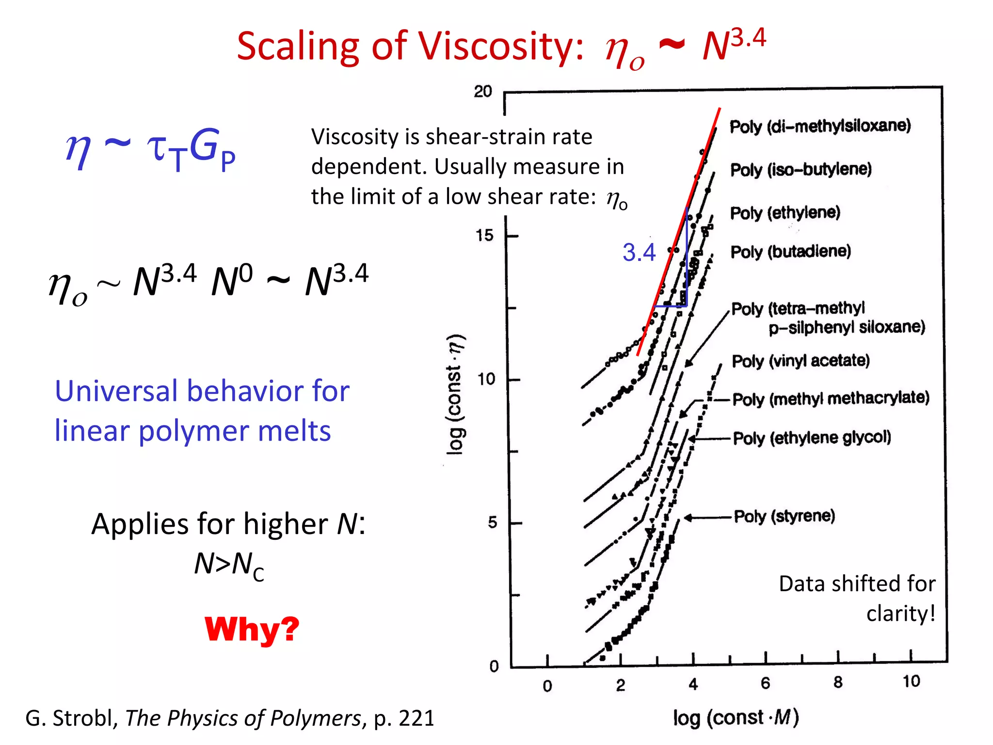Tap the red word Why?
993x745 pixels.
pos(252,629)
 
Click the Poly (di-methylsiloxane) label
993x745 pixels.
pos(820,126)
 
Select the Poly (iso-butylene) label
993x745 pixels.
pos(801,170)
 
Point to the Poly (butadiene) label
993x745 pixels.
pos(790,252)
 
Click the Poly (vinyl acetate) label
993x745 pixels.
pos(801,361)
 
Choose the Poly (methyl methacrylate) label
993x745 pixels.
pos(831,399)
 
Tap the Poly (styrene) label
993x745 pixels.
pos(784,516)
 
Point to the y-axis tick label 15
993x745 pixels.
pos(484,236)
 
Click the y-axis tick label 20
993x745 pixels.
pos(482,91)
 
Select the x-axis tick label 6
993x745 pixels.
pos(765,683)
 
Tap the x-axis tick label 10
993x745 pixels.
pos(911,681)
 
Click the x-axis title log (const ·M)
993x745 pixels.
pos(736,717)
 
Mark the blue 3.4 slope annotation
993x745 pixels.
pos(639,253)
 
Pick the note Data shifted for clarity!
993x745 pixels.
pos(857,599)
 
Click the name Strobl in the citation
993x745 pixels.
pos(84,718)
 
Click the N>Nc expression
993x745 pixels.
pos(229,565)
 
